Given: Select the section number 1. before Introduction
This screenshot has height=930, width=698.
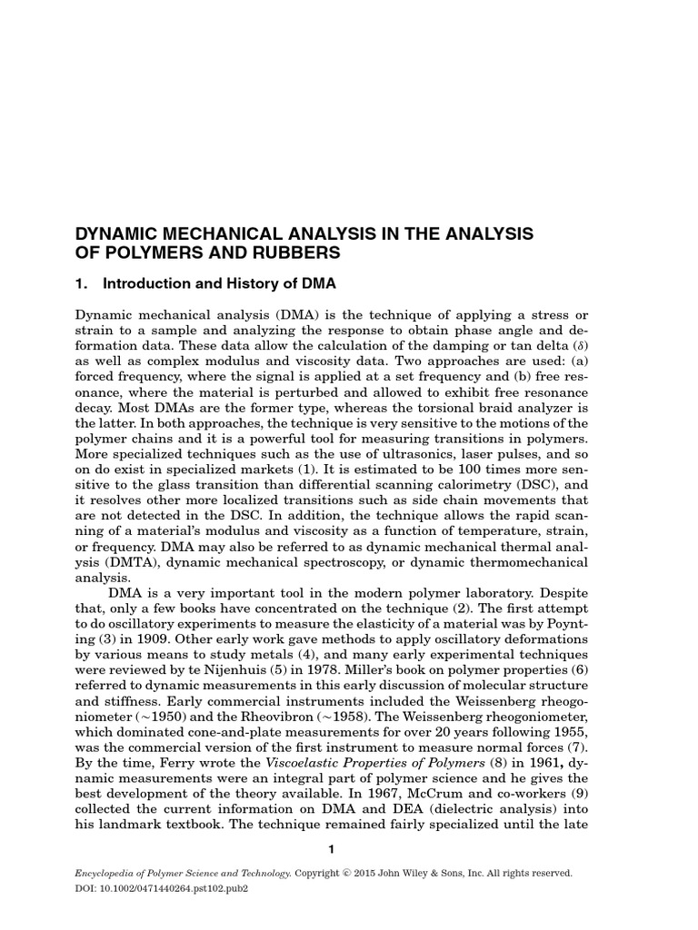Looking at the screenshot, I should (x=80, y=284).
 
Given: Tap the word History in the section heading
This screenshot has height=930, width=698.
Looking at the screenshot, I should (x=232, y=284).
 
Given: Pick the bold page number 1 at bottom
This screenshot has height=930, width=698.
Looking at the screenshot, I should (x=332, y=849).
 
